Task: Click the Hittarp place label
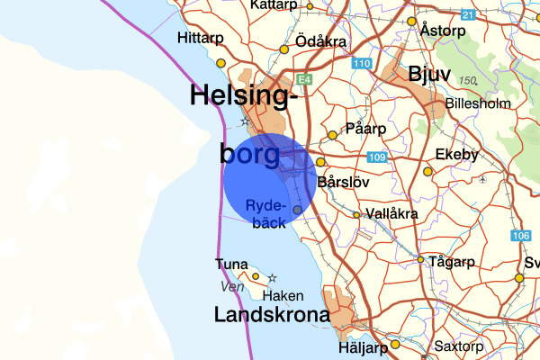200,38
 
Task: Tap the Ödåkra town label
323,43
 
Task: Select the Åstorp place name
443,30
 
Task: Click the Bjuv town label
428,73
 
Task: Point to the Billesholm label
478,103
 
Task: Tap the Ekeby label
457,156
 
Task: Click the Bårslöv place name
344,181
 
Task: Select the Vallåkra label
392,214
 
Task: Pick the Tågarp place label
453,262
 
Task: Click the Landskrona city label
271,315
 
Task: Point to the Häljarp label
364,346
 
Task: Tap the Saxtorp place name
459,346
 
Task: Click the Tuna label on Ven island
231,264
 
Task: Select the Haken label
283,295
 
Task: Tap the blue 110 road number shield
361,63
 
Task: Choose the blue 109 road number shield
376,158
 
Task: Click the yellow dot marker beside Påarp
332,135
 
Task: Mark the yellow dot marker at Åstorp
411,22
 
